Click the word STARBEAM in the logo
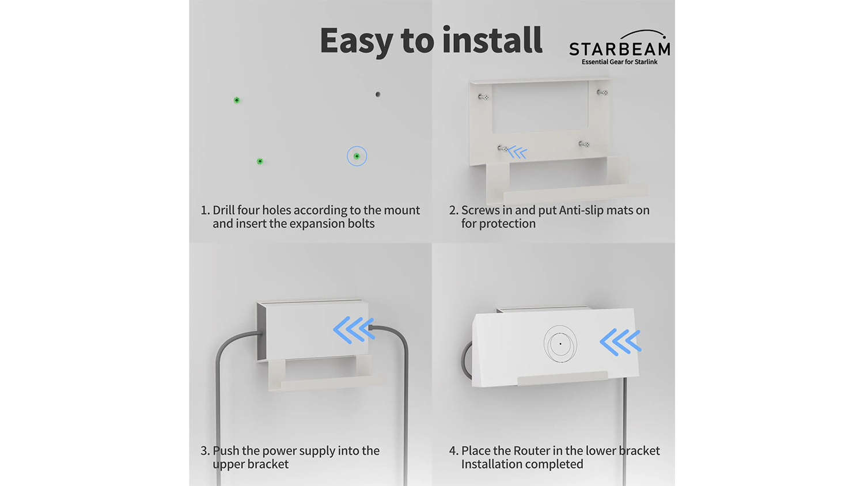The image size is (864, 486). coord(620,49)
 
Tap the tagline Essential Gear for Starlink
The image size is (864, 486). coord(619,62)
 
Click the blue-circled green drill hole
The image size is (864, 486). coord(357,156)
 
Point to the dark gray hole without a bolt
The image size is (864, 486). coord(378,94)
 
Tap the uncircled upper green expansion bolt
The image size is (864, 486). coord(237,100)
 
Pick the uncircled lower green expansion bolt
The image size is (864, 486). coord(260,161)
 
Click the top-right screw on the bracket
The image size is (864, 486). coord(602,92)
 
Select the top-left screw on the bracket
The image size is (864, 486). coord(484,96)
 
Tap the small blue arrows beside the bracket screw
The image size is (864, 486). coord(518,153)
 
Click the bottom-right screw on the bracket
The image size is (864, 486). coord(584,145)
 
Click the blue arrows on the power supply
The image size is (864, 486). coord(354,330)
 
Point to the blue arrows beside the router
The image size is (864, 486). coord(620,341)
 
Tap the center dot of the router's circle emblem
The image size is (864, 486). coord(560,344)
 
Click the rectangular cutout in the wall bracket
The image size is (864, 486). coord(540,107)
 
